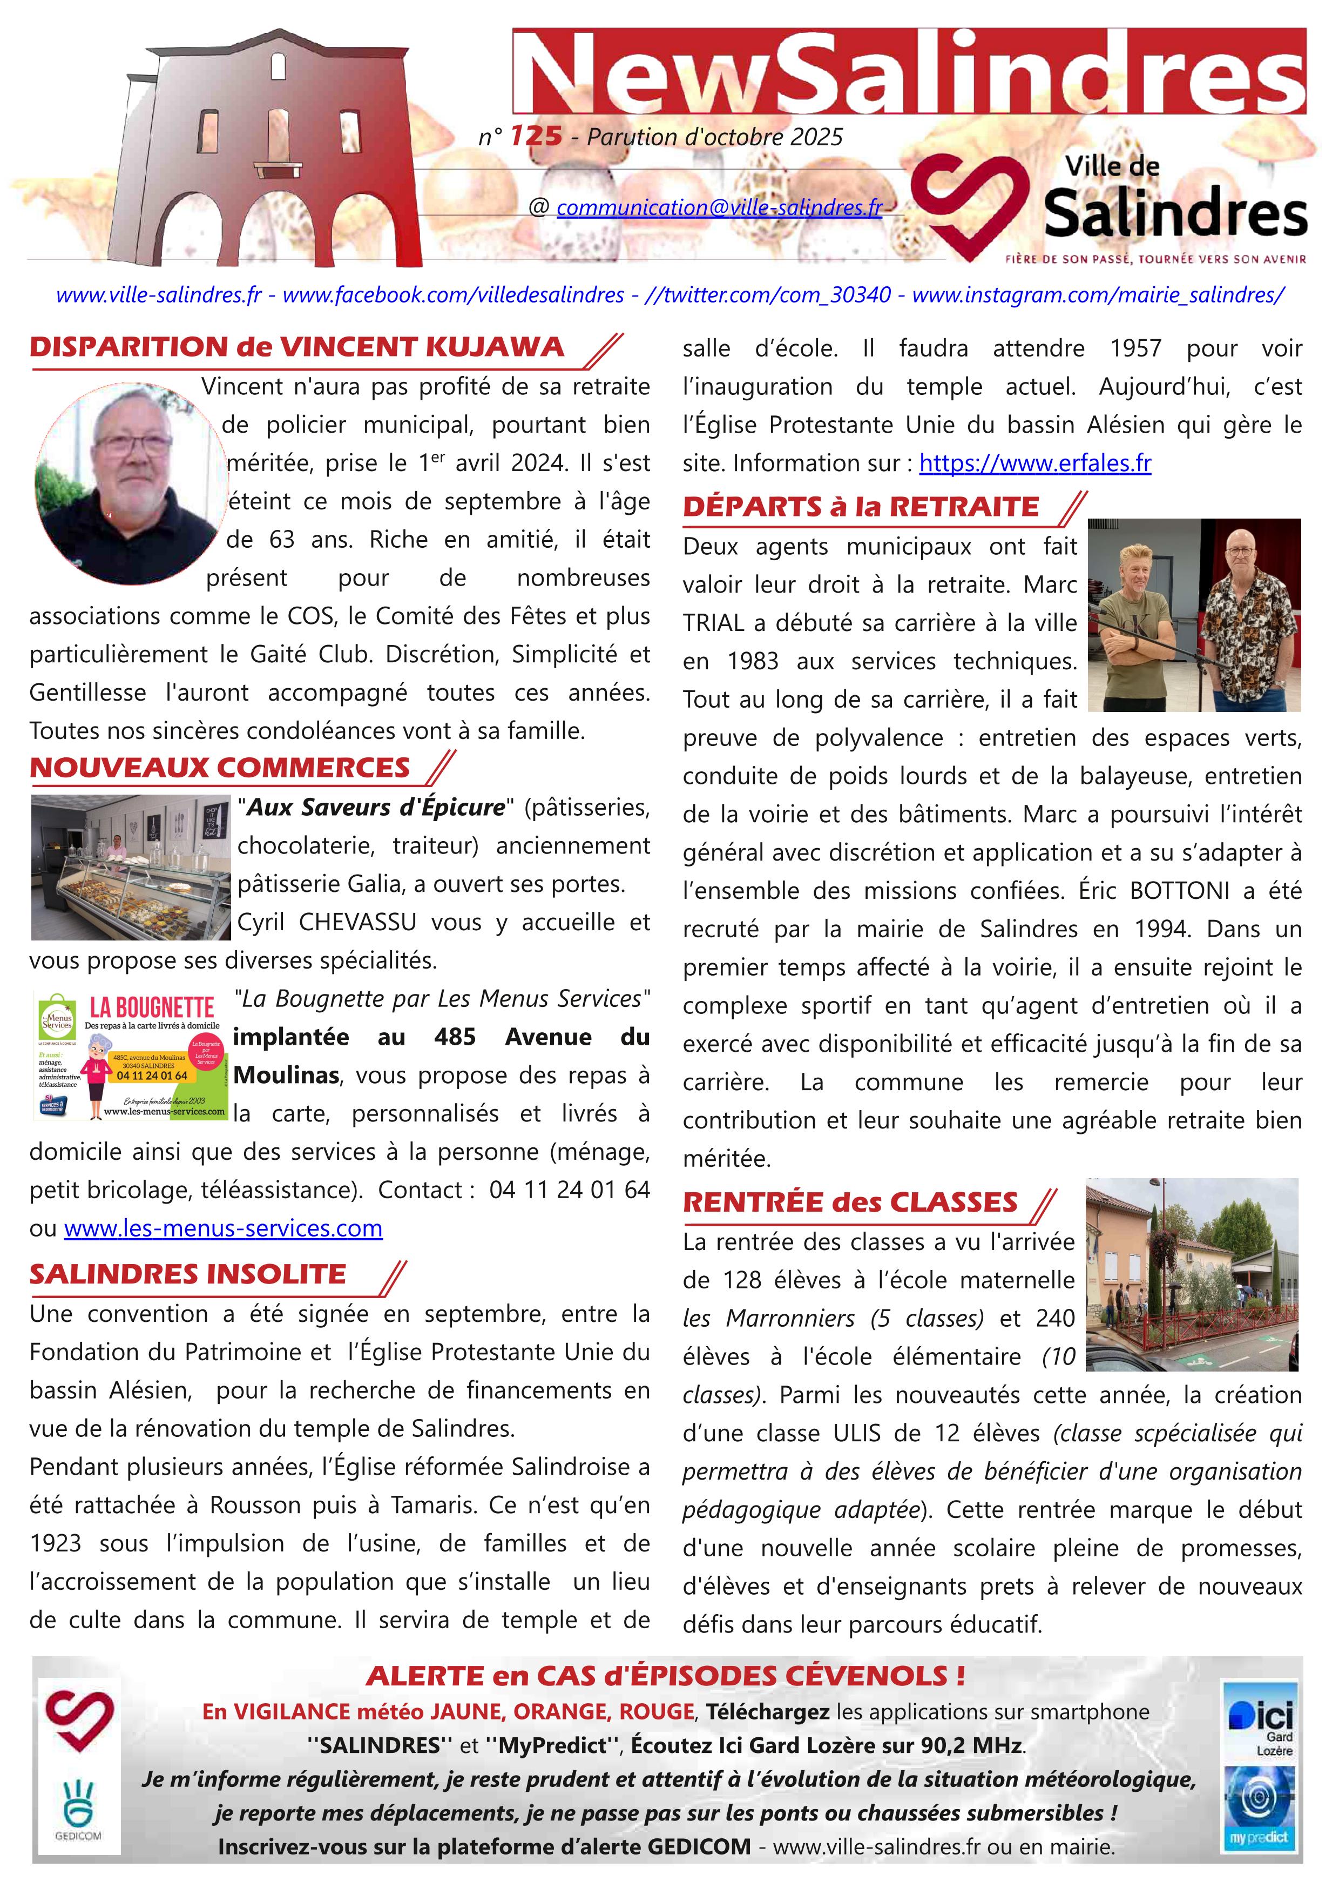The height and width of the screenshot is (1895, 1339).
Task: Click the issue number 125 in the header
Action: pos(536,136)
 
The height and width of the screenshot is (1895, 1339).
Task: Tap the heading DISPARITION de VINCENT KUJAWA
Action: pos(297,347)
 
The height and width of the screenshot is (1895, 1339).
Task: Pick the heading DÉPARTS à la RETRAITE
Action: pos(861,507)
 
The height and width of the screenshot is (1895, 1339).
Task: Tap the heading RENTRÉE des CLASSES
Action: pos(850,1202)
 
